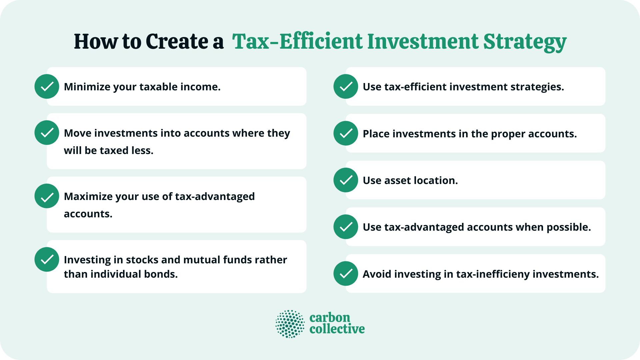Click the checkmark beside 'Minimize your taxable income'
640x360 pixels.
coord(47,86)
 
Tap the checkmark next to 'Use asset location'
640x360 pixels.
coord(346,180)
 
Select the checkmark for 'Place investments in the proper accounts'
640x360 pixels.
coord(346,133)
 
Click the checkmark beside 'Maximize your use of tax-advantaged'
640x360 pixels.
coord(47,196)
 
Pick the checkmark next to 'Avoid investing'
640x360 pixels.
coord(346,274)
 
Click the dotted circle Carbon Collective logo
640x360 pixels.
coord(290,324)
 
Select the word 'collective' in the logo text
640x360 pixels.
coord(337,329)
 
